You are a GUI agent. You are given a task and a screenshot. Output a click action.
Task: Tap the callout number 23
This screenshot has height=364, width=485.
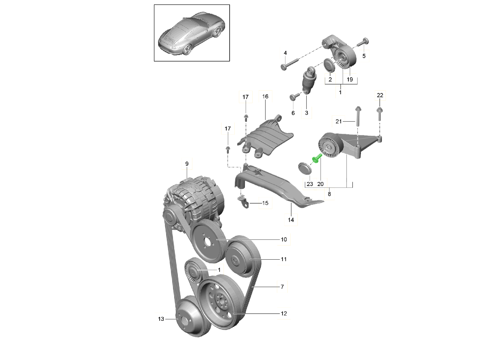click(310, 184)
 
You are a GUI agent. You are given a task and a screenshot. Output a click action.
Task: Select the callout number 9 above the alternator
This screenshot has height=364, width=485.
click(187, 164)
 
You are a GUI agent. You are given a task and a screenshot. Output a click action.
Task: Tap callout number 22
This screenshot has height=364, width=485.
click(380, 95)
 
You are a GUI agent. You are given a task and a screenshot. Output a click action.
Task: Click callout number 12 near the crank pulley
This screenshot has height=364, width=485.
click(284, 313)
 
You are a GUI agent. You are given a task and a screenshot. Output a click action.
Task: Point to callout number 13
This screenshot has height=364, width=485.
click(161, 319)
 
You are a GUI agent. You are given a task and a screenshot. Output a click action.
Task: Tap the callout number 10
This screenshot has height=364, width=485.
click(284, 239)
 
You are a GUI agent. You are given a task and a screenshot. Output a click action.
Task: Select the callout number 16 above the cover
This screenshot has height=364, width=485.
click(265, 97)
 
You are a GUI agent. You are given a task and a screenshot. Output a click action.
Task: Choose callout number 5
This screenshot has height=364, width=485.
click(364, 56)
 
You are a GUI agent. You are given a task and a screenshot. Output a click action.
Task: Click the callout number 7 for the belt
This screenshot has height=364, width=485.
click(282, 287)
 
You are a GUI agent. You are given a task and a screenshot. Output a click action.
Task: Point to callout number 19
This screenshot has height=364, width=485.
click(350, 80)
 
